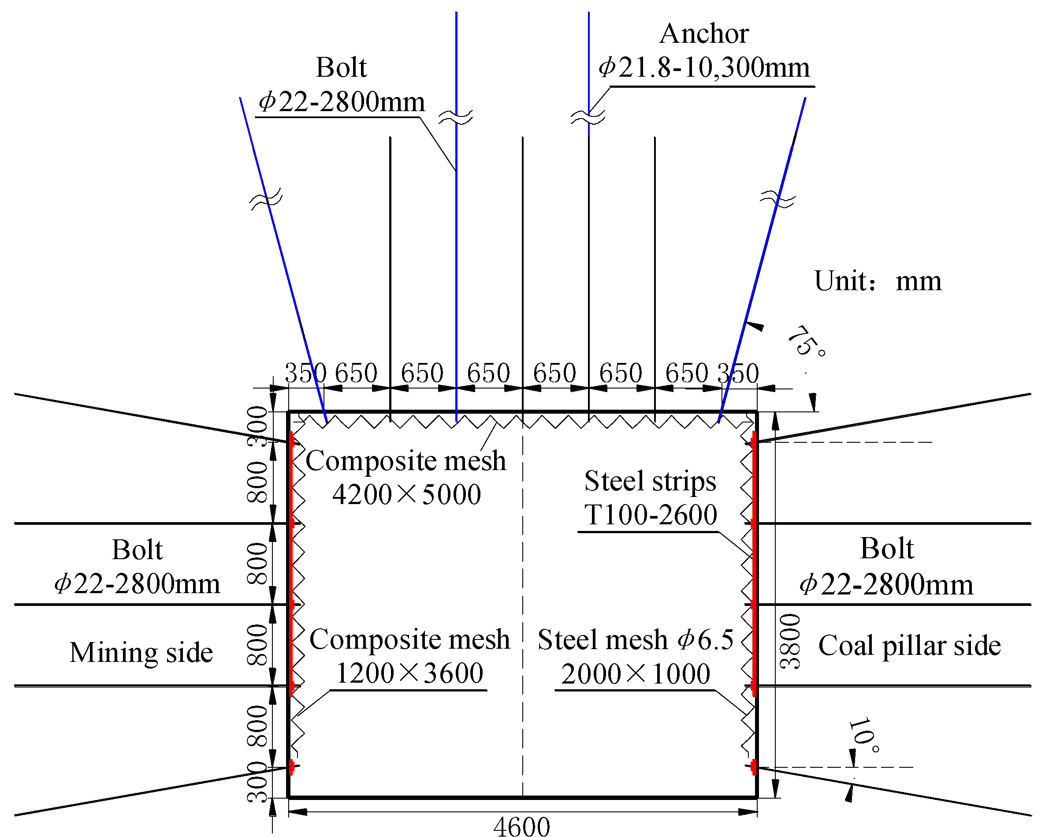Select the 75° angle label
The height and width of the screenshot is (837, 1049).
[805, 341]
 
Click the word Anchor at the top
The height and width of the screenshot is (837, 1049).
[703, 34]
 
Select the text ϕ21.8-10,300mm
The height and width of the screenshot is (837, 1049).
[703, 67]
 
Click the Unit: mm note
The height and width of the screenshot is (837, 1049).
[877, 281]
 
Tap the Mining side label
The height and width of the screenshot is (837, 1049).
[141, 653]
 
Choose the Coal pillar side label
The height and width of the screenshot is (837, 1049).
[909, 646]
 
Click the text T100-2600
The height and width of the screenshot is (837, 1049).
[651, 515]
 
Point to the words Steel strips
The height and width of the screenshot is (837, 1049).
[650, 481]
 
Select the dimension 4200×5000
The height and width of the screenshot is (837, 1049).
[407, 494]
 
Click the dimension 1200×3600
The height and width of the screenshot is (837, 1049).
[409, 673]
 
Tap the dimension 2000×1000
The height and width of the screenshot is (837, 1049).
[636, 674]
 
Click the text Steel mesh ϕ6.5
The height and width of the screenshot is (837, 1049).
[636, 639]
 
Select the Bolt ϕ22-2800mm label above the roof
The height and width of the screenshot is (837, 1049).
[341, 84]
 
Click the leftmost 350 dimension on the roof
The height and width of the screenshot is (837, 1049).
[305, 373]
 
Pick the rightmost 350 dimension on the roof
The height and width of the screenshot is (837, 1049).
[738, 374]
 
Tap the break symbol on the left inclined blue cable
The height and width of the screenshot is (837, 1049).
[266, 199]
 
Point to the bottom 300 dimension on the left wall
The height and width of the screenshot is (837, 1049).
[258, 782]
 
